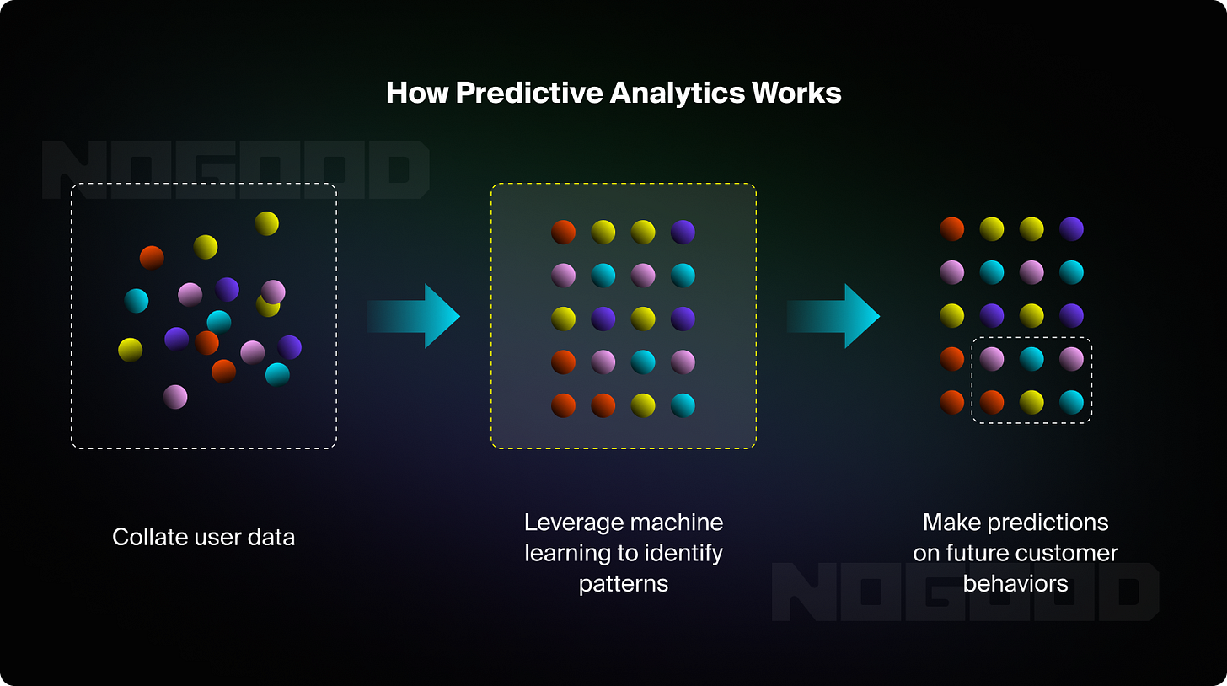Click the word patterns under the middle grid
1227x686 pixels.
click(x=624, y=583)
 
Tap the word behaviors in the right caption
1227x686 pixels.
click(x=1015, y=583)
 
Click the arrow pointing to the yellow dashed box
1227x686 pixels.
click(x=415, y=316)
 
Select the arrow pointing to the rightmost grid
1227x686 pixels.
click(x=834, y=316)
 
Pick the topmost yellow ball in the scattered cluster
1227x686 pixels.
click(x=266, y=223)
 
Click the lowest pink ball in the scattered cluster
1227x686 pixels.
click(x=175, y=396)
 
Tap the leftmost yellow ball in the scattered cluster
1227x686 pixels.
click(x=130, y=349)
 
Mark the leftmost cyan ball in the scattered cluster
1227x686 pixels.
click(x=137, y=301)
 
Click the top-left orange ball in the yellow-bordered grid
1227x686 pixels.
click(x=563, y=232)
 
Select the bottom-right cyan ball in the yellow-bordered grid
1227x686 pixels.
click(x=683, y=406)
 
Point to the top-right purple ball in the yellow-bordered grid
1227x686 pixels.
click(x=683, y=232)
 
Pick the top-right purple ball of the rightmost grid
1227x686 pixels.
click(x=1071, y=228)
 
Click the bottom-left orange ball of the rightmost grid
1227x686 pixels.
click(x=951, y=402)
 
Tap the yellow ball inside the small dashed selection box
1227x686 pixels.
click(x=1031, y=402)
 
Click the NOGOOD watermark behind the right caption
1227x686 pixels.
click(x=965, y=592)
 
